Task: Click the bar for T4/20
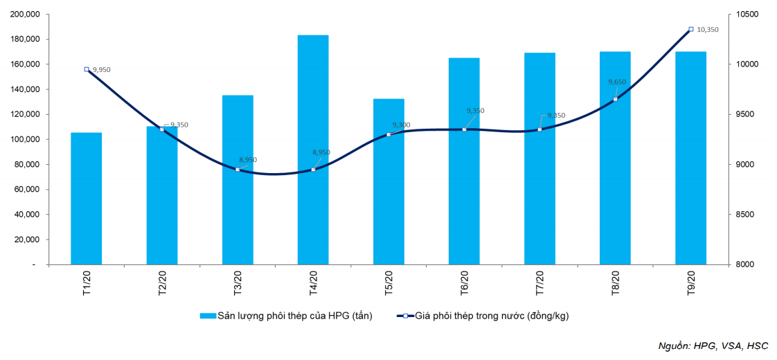(x=313, y=150)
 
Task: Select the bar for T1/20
(x=86, y=199)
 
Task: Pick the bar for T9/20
(x=690, y=158)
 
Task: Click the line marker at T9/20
(x=690, y=30)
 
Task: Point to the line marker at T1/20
(x=87, y=69)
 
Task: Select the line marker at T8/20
(x=615, y=99)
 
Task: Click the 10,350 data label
(x=708, y=30)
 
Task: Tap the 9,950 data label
(x=101, y=69)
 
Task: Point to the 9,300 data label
(x=401, y=125)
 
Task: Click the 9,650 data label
(x=617, y=82)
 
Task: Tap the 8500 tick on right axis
(x=745, y=215)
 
